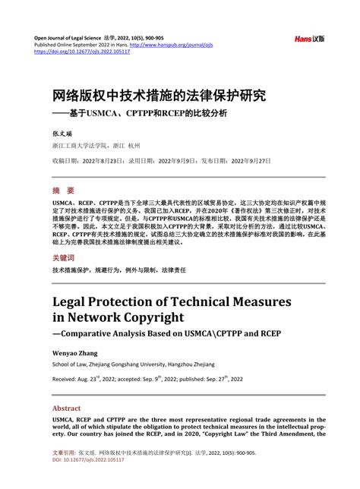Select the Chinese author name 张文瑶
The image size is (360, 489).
[61, 131]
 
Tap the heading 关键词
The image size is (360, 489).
[65, 258]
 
